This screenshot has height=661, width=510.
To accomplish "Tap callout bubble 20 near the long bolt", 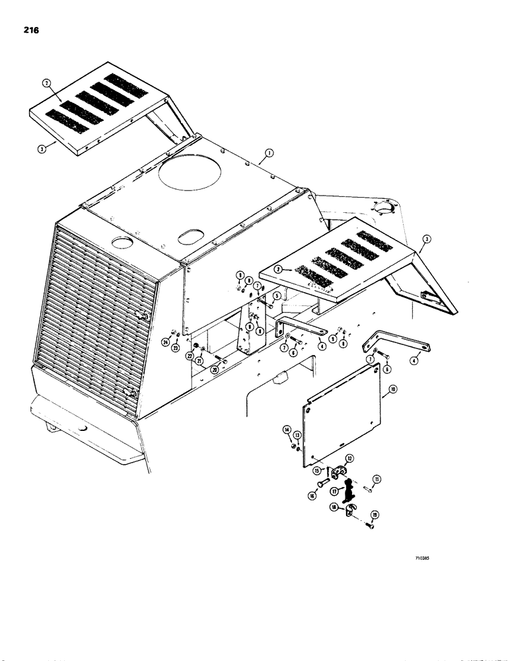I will [215, 371].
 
